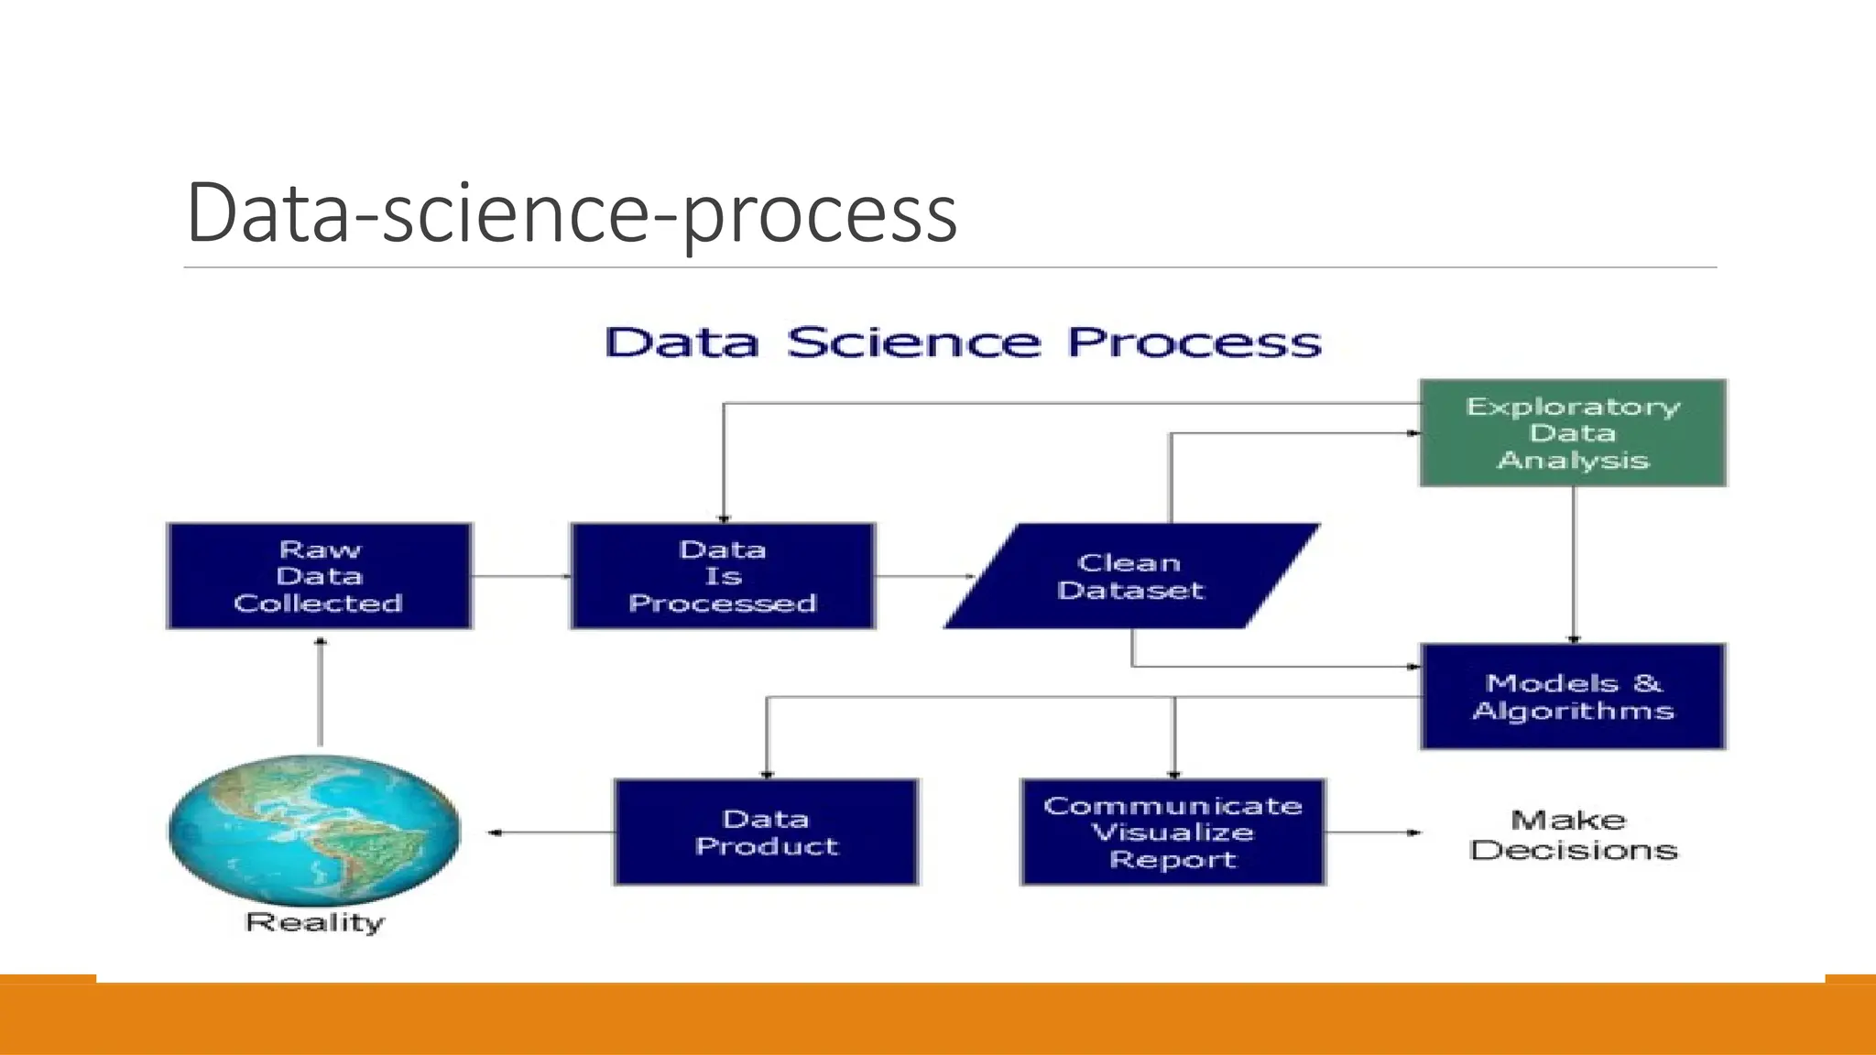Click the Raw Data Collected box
coord(319,576)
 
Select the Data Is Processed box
coord(723,576)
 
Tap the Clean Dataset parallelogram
coord(1131,576)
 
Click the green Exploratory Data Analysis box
coord(1573,432)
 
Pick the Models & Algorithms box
coord(1573,697)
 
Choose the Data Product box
coord(766,832)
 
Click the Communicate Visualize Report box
coord(1172,832)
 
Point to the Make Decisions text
coord(1573,834)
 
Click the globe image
coord(314,830)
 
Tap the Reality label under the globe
coord(314,922)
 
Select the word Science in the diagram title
coord(913,343)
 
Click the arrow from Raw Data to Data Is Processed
coord(520,576)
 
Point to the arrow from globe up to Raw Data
coord(320,692)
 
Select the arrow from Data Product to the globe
coord(550,832)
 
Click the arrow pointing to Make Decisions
coord(1372,832)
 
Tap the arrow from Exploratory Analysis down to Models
coord(1574,564)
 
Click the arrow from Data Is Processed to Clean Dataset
coord(923,576)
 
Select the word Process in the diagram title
coord(1194,343)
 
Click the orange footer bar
coord(938,1018)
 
